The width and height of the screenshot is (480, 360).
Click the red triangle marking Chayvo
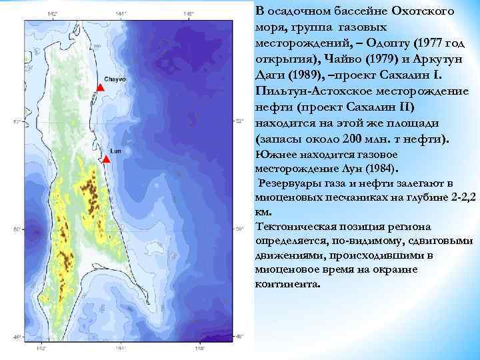point(100,88)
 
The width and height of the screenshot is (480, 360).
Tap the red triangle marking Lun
point(107,159)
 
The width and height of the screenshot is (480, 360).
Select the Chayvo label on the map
point(114,79)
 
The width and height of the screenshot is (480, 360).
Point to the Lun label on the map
point(115,150)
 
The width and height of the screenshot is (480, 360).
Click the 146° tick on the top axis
point(190,13)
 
